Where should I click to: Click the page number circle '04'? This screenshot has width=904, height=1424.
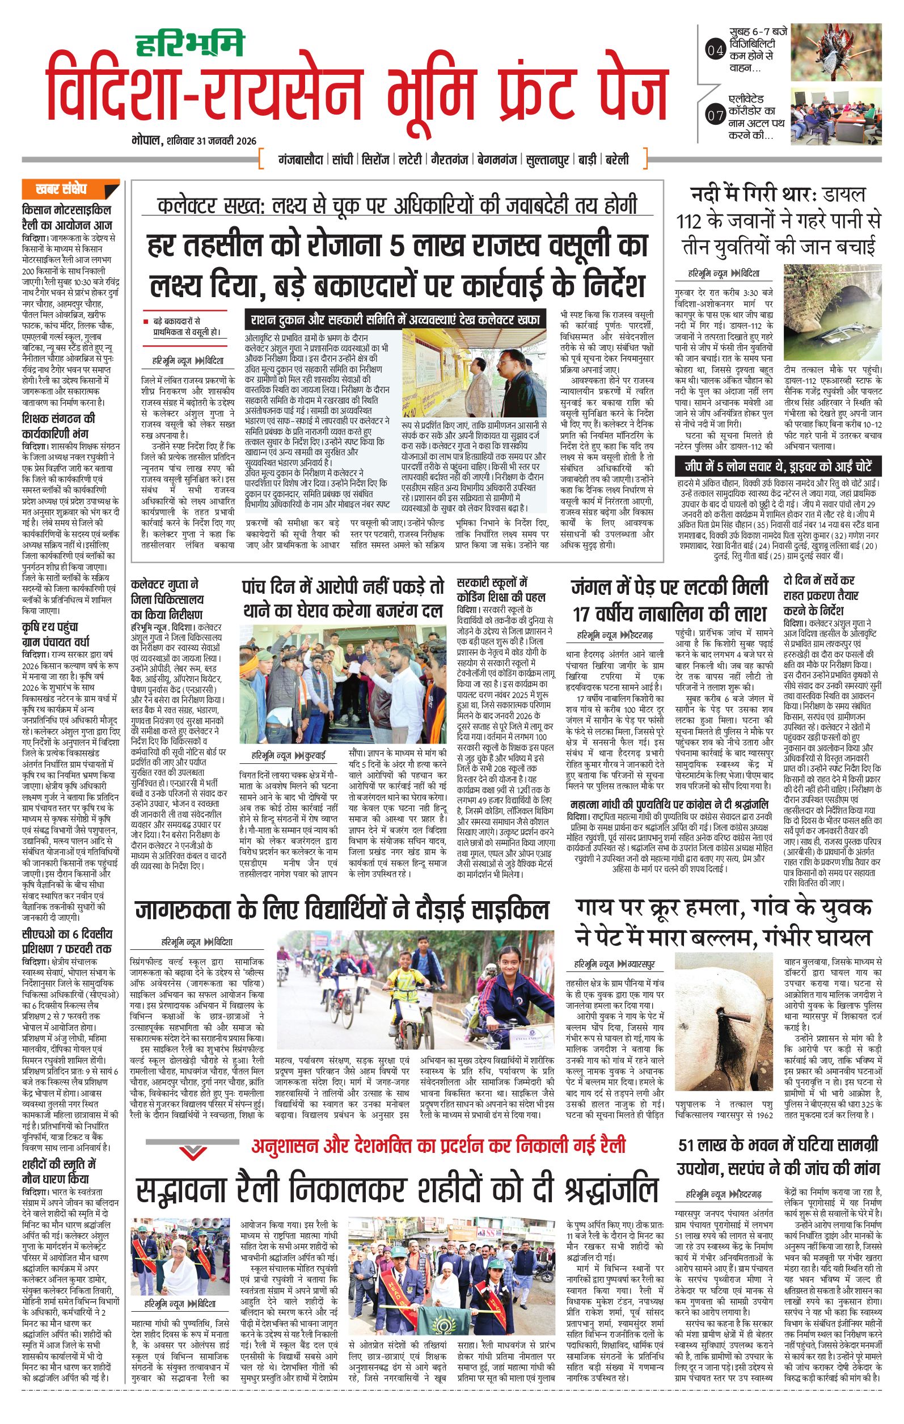pyautogui.click(x=715, y=52)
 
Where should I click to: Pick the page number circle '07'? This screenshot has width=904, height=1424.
pyautogui.click(x=715, y=115)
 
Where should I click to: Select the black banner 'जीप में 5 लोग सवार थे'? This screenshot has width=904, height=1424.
pyautogui.click(x=779, y=464)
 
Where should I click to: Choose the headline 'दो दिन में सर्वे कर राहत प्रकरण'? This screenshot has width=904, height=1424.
pyautogui.click(x=820, y=594)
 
